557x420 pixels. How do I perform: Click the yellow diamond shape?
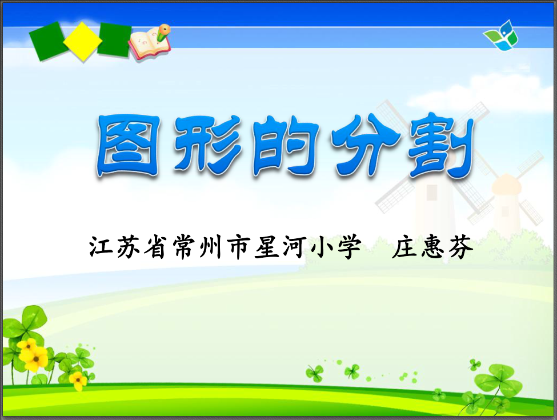click(83, 41)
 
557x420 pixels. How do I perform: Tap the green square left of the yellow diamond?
click(47, 41)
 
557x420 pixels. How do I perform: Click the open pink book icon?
click(149, 44)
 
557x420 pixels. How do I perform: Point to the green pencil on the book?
click(163, 32)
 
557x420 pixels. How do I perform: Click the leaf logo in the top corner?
click(501, 35)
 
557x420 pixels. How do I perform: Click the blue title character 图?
click(129, 146)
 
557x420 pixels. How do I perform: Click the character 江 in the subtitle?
click(101, 246)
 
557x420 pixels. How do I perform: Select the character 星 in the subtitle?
click(266, 246)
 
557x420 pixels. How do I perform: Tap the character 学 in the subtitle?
click(349, 246)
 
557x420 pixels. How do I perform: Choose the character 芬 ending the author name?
click(460, 246)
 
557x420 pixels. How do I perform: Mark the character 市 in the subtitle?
click(239, 246)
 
